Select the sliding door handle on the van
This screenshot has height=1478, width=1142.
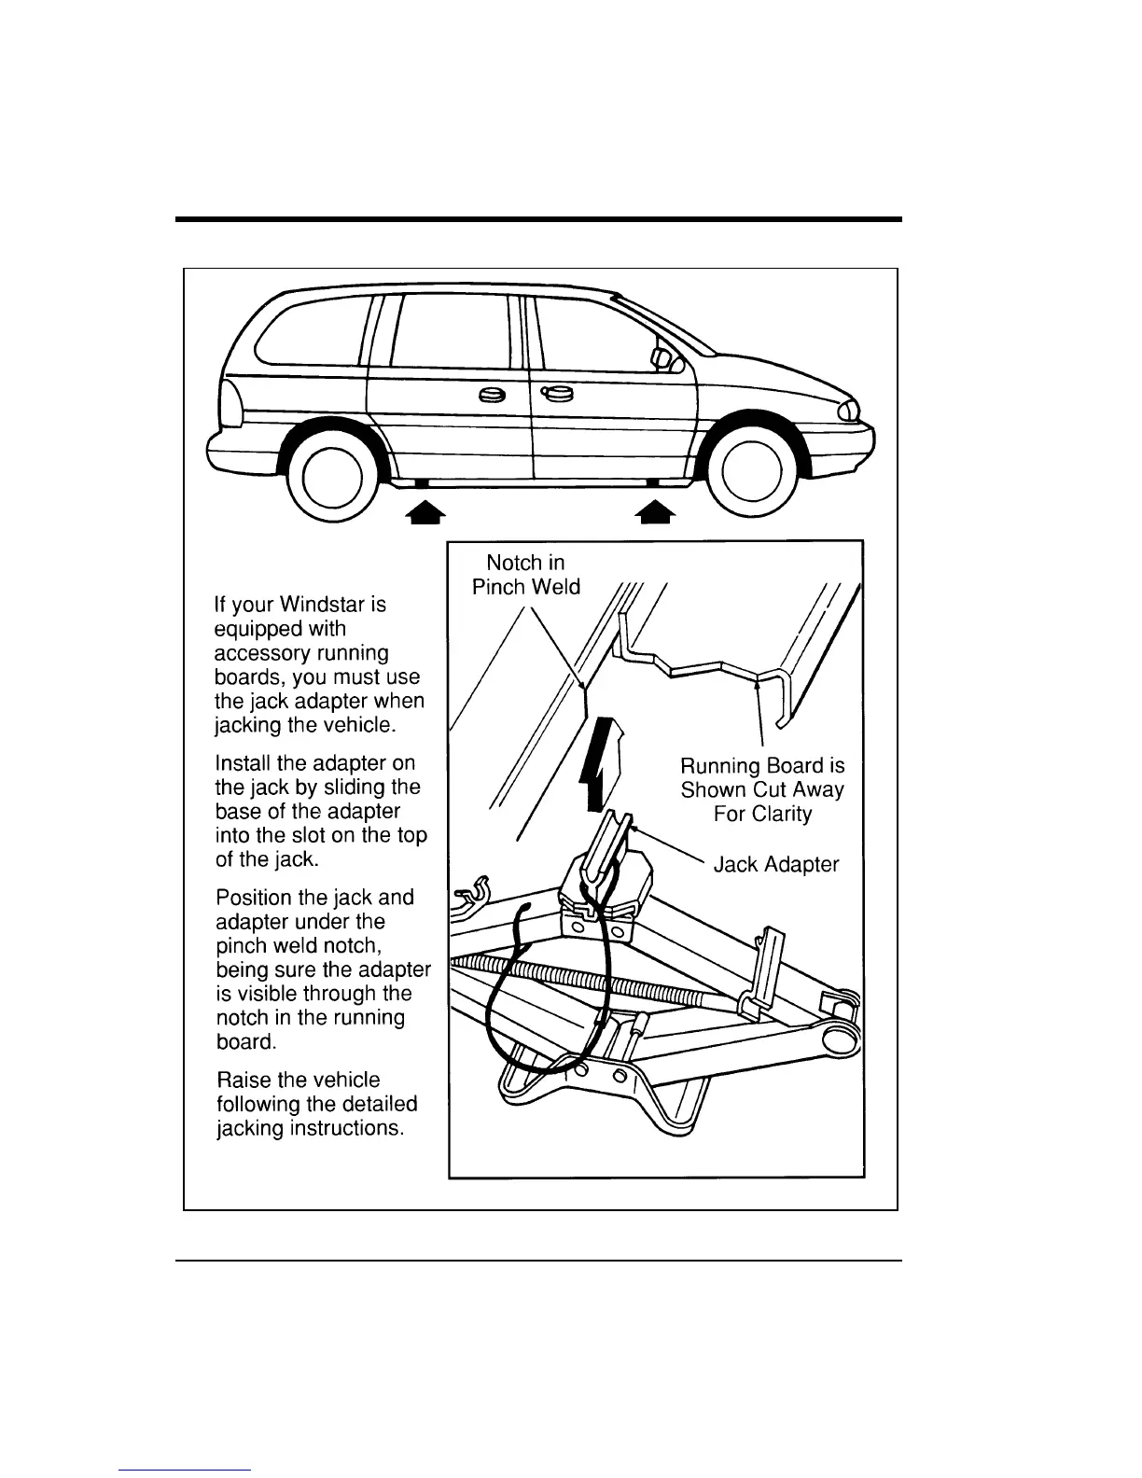pyautogui.click(x=492, y=396)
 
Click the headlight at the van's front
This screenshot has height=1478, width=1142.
pyautogui.click(x=849, y=409)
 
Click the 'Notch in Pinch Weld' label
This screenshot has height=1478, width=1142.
pyautogui.click(x=525, y=575)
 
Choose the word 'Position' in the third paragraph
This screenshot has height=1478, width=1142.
pyautogui.click(x=253, y=898)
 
